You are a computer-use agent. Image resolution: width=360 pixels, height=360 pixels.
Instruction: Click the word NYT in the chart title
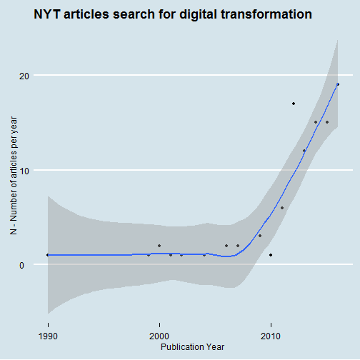click(x=47, y=14)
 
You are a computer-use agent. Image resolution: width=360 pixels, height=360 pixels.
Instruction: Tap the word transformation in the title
click(x=266, y=14)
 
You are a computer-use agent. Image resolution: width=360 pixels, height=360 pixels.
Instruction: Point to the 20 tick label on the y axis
click(x=24, y=76)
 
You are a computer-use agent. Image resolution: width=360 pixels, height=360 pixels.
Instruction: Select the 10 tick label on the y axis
click(x=24, y=171)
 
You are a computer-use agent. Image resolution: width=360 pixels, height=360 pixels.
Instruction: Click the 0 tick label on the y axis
click(x=21, y=265)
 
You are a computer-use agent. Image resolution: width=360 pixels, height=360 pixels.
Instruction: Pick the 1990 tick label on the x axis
click(x=48, y=336)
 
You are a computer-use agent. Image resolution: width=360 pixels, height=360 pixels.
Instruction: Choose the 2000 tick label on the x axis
click(x=159, y=336)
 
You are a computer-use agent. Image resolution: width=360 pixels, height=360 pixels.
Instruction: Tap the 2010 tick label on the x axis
click(x=271, y=336)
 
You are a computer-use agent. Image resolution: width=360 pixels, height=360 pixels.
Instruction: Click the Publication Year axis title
click(x=192, y=347)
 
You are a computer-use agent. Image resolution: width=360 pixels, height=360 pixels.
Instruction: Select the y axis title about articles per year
click(x=14, y=176)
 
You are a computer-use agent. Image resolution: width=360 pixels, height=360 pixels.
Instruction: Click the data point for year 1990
click(x=48, y=255)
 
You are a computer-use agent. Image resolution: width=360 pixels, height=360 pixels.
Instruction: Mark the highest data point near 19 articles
click(x=338, y=84)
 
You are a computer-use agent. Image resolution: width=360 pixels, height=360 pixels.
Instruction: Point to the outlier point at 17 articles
click(x=294, y=104)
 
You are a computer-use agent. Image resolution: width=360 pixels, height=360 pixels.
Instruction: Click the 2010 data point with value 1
click(x=271, y=255)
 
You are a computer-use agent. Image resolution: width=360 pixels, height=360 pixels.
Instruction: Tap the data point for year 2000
click(x=159, y=246)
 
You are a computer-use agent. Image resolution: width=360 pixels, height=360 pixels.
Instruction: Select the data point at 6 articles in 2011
click(x=282, y=208)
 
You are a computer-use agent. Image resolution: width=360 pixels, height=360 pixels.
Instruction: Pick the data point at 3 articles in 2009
click(x=260, y=236)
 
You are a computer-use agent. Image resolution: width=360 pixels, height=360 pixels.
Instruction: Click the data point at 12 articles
click(x=304, y=151)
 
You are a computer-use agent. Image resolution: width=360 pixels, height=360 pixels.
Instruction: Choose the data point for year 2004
click(x=204, y=255)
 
